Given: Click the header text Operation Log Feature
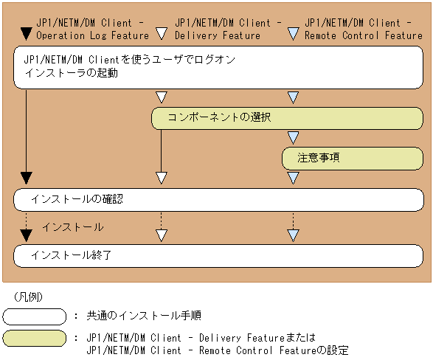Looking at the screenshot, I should pos(92,35).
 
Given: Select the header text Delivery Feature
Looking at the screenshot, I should pos(217,35).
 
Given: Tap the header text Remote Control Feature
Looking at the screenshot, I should pos(364,35).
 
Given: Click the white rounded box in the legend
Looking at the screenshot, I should pos(35,316).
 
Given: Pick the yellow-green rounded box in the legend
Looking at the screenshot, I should pos(35,339).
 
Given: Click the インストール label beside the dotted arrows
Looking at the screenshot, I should pos(72,227).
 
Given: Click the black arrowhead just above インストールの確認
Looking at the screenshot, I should pos(27,178).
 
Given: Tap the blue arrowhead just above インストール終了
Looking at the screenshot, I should pos(293,236).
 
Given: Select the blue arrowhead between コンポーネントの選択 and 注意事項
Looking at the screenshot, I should pos(293,137).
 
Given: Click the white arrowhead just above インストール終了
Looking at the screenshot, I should pos(161,236).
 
